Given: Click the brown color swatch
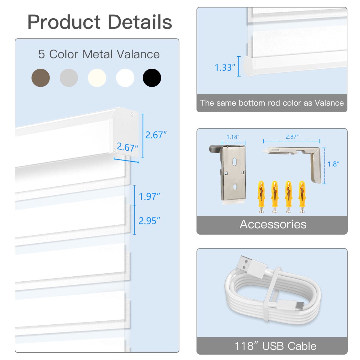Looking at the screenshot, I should [40, 78].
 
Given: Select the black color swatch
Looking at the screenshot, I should [152, 78].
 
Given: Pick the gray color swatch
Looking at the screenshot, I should [69, 78].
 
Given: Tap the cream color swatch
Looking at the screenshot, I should [97, 78].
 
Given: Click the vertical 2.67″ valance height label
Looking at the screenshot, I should [156, 135].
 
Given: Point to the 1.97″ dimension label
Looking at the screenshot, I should [149, 196].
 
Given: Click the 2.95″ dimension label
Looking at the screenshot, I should [149, 221].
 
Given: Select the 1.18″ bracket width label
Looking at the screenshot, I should [233, 137].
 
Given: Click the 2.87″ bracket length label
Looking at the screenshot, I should [292, 137].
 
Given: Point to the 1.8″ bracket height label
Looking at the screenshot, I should [333, 164].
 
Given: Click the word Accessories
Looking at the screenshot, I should [273, 224].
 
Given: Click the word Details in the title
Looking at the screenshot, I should [140, 22].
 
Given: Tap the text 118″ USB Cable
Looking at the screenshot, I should [275, 346].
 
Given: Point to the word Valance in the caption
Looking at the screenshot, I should [329, 103].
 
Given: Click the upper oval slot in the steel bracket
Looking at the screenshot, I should [234, 162].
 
